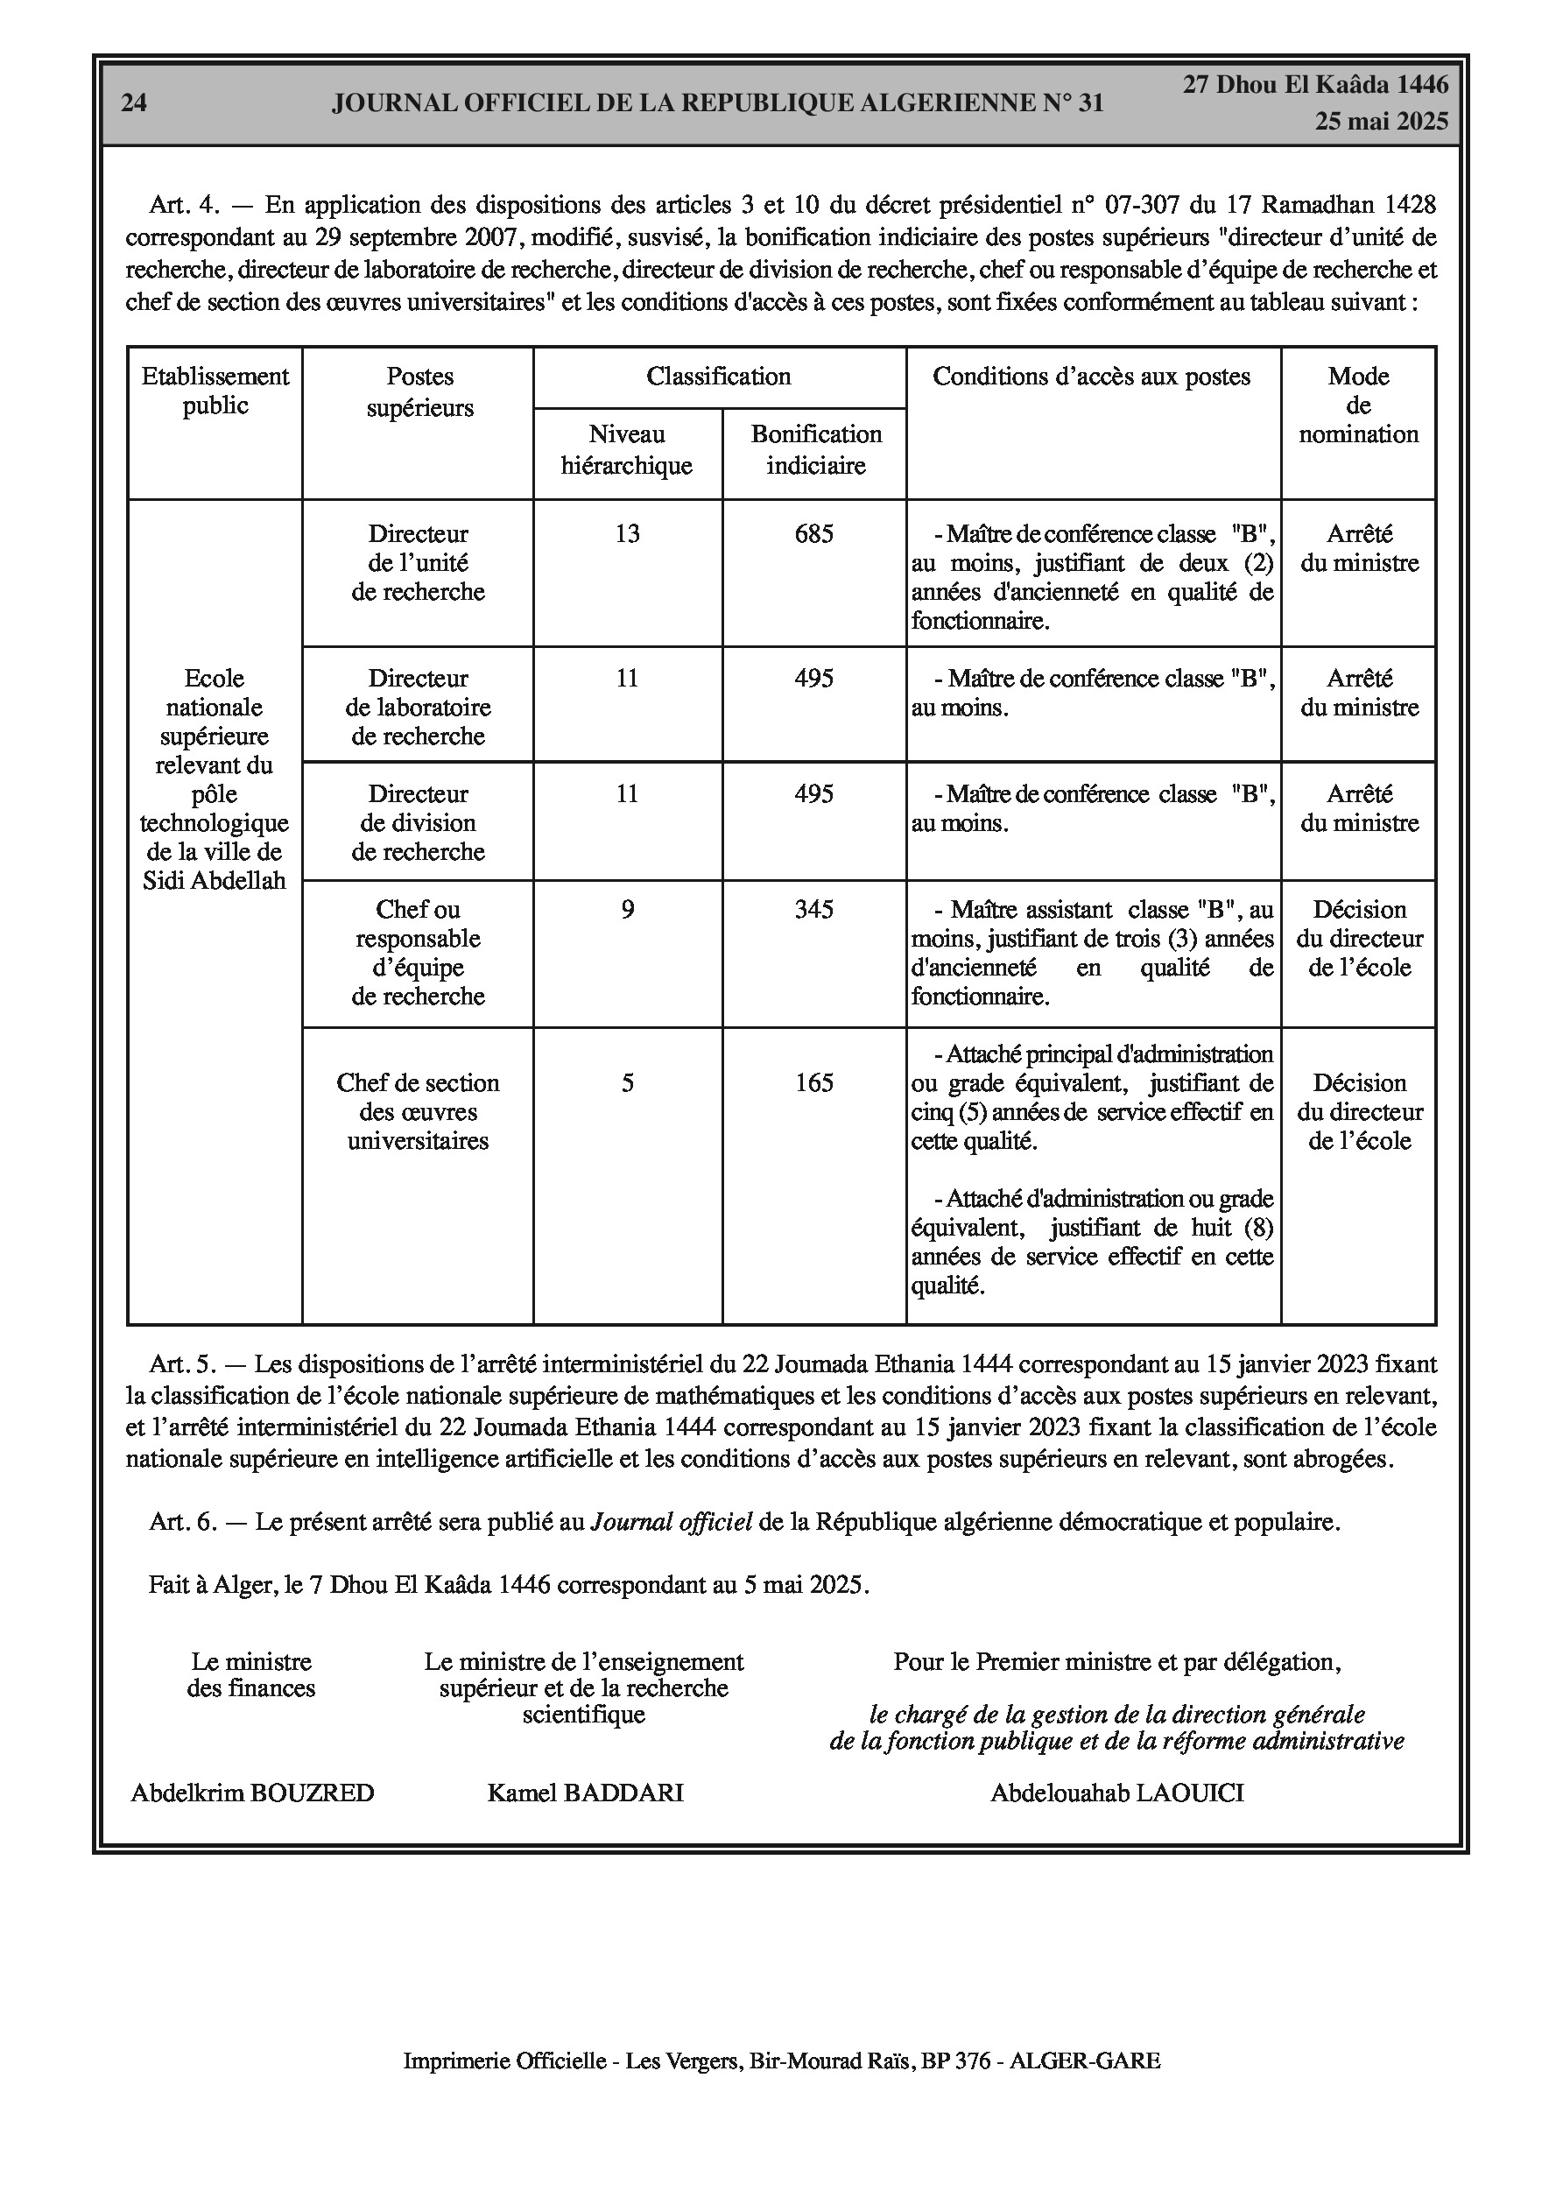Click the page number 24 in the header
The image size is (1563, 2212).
point(134,103)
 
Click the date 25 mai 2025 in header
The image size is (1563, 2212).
point(1381,122)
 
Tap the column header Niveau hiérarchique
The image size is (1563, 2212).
point(626,450)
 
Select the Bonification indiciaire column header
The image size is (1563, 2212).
point(815,450)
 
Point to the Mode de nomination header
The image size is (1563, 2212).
point(1358,405)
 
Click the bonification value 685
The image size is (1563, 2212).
point(813,533)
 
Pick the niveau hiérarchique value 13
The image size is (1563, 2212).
point(626,533)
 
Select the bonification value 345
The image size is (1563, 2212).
point(813,910)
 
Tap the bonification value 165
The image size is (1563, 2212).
point(813,1083)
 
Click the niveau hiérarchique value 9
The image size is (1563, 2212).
point(627,910)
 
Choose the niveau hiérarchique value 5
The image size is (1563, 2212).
point(627,1083)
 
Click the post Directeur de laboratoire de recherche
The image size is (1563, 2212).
point(419,708)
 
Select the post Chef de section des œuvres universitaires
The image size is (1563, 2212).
point(419,1112)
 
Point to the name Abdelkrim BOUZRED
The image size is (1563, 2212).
point(252,1793)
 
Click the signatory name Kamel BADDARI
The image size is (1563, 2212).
point(585,1793)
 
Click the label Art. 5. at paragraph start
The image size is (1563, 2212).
point(181,1364)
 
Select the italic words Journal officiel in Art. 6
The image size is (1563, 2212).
point(671,1522)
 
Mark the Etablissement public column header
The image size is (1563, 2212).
point(215,391)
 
